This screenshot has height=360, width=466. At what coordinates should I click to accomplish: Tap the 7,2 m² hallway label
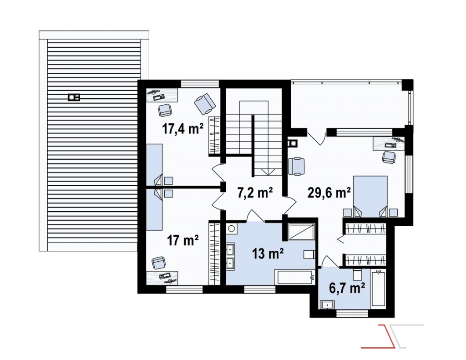[255, 193]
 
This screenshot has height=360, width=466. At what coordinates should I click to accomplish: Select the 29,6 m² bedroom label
[329, 193]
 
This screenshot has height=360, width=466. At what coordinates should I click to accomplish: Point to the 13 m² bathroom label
[268, 254]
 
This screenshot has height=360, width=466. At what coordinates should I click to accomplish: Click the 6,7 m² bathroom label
[347, 288]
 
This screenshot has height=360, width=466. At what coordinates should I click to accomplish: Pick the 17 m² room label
[182, 240]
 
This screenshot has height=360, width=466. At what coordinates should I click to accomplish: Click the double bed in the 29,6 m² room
[370, 197]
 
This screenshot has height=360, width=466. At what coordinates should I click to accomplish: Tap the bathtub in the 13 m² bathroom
[295, 277]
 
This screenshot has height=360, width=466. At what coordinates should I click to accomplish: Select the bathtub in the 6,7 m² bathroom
[378, 288]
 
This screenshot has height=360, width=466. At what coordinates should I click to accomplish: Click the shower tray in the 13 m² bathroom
[301, 232]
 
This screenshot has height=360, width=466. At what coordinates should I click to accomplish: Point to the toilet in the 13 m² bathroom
[309, 255]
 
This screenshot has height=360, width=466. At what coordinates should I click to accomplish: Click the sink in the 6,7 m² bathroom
[327, 305]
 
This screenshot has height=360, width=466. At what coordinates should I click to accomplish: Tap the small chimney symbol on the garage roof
[74, 97]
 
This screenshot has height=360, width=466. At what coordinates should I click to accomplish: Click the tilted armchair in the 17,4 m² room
[205, 104]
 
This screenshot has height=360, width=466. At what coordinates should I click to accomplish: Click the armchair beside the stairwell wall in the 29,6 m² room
[296, 166]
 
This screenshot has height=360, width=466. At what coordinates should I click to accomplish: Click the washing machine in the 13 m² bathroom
[232, 229]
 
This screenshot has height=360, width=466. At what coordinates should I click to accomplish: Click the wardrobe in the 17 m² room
[215, 253]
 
